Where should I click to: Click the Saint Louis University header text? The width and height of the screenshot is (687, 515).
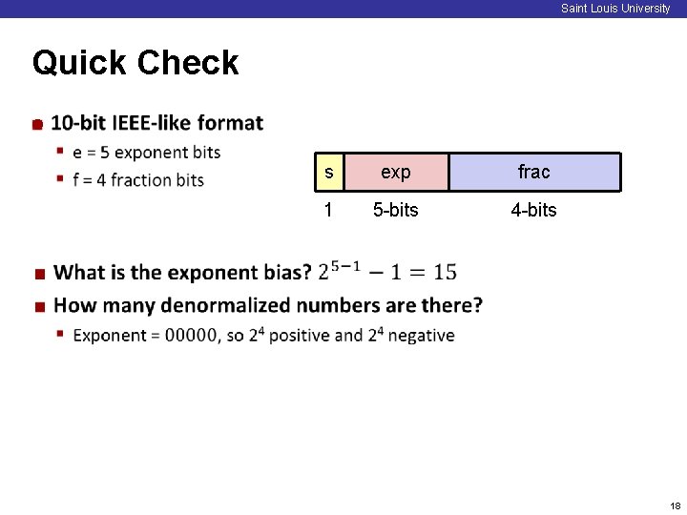pos(615,9)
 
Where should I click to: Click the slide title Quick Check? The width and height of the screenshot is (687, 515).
pos(135,63)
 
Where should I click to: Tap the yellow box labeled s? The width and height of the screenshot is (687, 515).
pos(328,173)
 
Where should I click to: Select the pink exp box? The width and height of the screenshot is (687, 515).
pos(395,173)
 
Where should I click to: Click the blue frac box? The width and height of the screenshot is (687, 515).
pos(533,173)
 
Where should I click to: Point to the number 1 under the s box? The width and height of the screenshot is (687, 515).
pos(328,210)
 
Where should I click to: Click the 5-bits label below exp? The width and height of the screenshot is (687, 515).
pos(395,210)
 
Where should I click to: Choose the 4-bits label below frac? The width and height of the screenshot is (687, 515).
pos(533,210)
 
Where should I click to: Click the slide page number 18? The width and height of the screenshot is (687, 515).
pos(675,505)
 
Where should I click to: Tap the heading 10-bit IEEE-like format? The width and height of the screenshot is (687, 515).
pos(156,123)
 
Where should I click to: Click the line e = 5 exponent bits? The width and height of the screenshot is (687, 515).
pos(146,153)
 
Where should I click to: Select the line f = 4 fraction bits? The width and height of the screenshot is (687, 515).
pos(138,180)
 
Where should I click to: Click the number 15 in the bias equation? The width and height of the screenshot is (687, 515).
pos(445,273)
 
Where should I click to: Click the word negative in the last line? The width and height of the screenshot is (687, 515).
pos(421,336)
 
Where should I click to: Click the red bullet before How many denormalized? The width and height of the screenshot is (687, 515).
pos(40,307)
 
